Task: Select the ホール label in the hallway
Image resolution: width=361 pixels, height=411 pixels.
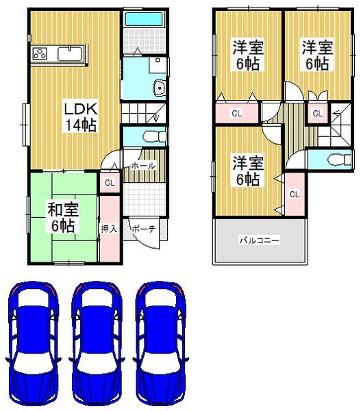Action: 142,166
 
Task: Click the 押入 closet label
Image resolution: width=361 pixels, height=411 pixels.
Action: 108,228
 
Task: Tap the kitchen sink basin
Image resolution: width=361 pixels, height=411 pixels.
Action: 69,53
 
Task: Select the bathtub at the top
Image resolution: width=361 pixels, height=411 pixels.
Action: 143,18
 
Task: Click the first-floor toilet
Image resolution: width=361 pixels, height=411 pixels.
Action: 153,136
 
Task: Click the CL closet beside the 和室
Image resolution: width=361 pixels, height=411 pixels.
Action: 110,182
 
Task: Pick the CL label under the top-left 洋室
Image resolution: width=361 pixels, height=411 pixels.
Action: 236,113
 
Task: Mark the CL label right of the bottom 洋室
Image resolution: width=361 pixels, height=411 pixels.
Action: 294,195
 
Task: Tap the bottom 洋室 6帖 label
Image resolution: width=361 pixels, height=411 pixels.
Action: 247,171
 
